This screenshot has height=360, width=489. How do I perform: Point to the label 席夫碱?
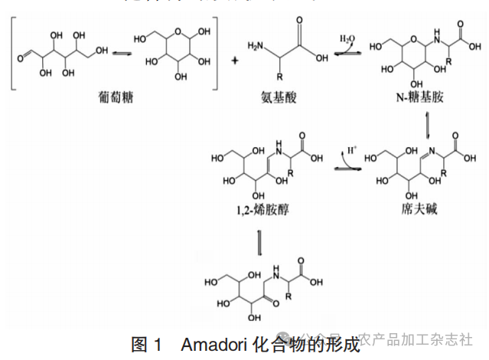tap(419, 209)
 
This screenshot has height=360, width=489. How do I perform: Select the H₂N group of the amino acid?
tap(259, 51)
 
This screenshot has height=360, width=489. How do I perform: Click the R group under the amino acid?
tap(280, 79)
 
